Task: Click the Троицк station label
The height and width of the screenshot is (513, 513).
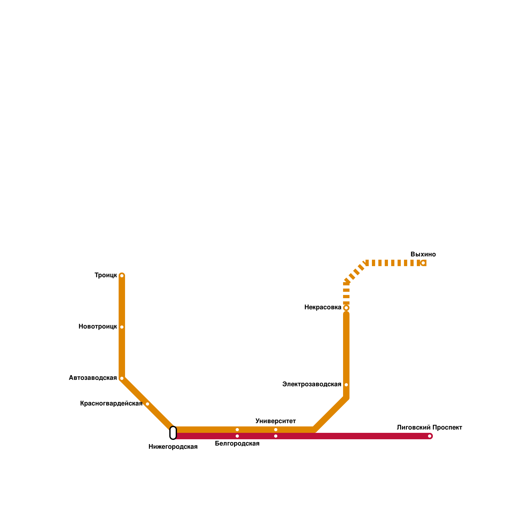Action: tap(105, 275)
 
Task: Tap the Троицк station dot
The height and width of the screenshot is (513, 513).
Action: tap(122, 276)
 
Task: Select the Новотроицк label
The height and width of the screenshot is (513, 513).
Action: tap(97, 327)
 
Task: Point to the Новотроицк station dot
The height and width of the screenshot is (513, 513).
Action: tap(122, 327)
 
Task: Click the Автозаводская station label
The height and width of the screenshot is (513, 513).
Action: tap(93, 378)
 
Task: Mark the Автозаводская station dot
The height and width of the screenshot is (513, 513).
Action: tap(122, 378)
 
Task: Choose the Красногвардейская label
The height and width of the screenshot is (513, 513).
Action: tap(111, 404)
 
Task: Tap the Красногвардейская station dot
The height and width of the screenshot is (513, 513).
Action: tap(147, 404)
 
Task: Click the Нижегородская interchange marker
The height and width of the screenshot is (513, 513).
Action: tap(173, 433)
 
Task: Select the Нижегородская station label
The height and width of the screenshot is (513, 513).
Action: tap(173, 447)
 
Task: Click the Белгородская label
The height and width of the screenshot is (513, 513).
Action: tap(237, 444)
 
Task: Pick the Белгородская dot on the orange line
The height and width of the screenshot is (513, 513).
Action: tap(237, 430)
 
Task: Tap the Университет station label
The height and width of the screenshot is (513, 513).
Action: tap(275, 421)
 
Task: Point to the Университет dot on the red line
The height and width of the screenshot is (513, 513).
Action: tap(276, 436)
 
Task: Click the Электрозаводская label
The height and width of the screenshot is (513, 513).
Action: tap(312, 384)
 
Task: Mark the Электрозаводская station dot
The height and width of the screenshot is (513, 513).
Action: tap(346, 385)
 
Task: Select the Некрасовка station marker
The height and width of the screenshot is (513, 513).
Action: tap(346, 308)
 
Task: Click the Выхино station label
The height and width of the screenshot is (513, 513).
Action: tap(423, 255)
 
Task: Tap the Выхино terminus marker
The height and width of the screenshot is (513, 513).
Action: tap(423, 263)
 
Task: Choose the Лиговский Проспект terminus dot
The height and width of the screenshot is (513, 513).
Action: tap(430, 436)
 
